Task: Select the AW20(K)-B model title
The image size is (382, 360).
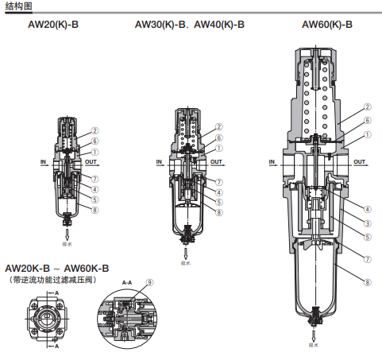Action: point(53,25)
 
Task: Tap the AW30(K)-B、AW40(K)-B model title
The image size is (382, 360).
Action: point(189,25)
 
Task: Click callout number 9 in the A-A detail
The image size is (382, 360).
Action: point(149,281)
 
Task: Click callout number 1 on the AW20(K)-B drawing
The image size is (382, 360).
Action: point(95,152)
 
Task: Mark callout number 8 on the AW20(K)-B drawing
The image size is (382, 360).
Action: point(95,210)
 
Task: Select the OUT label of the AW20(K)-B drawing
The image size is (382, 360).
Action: point(91,161)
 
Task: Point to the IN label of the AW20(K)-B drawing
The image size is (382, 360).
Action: point(44,161)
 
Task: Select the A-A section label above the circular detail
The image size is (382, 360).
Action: point(126,282)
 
